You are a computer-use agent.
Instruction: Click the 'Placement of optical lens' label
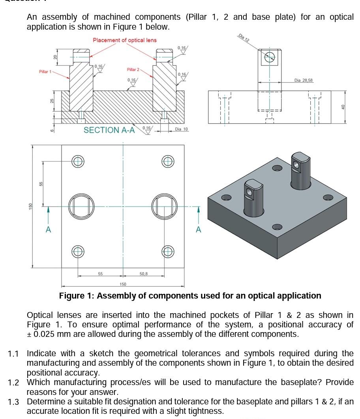click(125, 40)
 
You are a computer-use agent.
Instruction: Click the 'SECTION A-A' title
click(109, 130)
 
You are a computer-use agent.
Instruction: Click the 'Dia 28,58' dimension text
click(303, 80)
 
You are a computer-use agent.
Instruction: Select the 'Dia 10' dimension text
click(182, 129)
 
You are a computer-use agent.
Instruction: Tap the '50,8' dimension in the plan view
click(144, 273)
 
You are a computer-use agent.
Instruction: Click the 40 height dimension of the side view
click(343, 107)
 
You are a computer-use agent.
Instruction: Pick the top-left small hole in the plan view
click(77, 161)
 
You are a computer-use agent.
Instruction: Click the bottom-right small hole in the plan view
click(168, 251)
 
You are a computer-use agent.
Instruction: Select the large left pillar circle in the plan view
click(82, 206)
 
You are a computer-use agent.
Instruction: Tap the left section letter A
click(48, 229)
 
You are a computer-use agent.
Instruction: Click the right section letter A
click(199, 229)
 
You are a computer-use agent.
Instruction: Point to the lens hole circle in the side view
click(270, 57)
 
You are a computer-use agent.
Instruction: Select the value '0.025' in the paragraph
click(44, 334)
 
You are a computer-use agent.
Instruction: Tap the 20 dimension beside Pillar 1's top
click(56, 57)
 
